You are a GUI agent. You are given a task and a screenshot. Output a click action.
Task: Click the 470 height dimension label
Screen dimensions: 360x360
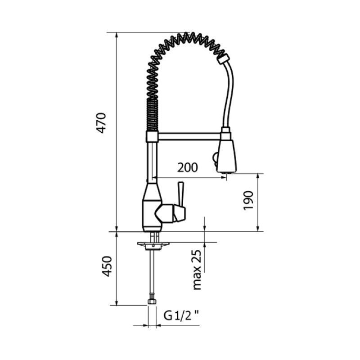[x=101, y=123]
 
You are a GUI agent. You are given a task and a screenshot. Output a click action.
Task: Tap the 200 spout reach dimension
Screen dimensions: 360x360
[x=187, y=167]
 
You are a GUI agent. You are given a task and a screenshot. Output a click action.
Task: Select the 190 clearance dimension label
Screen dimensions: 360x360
[x=248, y=200]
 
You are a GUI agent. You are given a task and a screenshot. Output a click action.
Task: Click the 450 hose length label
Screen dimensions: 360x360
[x=107, y=266]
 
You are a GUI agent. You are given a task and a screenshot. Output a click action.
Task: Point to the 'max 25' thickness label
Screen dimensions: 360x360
[x=197, y=270]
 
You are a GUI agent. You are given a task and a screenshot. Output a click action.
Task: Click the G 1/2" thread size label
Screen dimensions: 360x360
[x=181, y=315]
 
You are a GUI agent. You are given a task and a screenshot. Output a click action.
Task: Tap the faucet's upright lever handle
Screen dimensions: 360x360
[x=181, y=194]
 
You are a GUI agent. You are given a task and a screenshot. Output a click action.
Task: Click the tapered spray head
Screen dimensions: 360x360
[x=227, y=156]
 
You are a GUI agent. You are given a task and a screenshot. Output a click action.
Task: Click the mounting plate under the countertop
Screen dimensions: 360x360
[x=153, y=245]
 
